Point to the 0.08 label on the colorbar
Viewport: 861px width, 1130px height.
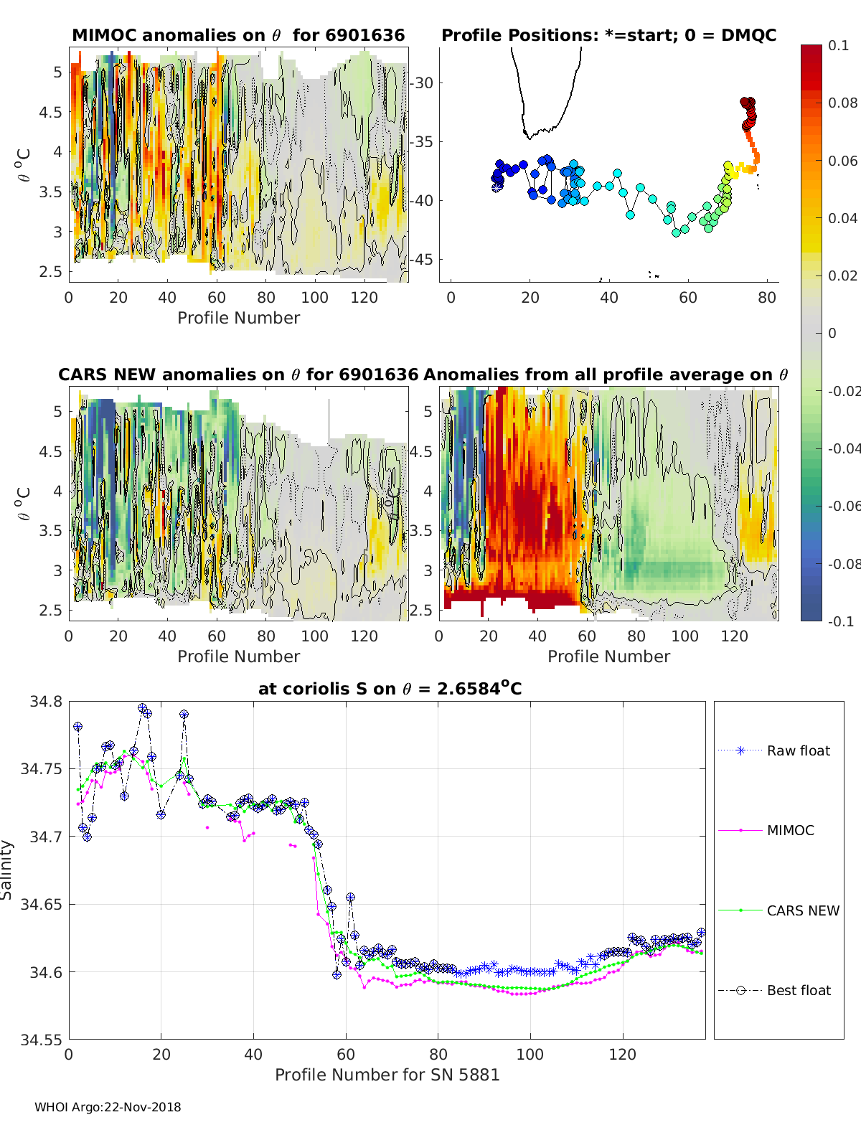point(842,103)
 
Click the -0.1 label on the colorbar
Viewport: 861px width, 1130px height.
point(841,621)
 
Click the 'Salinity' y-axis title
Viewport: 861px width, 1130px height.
point(6,870)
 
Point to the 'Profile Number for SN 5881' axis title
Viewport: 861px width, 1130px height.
point(387,1075)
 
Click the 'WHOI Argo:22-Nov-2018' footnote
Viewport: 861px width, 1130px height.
point(108,1107)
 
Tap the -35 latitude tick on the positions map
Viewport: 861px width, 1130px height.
point(422,141)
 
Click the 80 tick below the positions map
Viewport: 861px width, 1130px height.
point(767,298)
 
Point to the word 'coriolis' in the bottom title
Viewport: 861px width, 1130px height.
point(311,689)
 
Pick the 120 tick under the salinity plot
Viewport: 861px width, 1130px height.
point(623,1055)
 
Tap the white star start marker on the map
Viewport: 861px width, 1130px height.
point(496,188)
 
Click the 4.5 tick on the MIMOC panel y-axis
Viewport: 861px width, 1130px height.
point(50,112)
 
